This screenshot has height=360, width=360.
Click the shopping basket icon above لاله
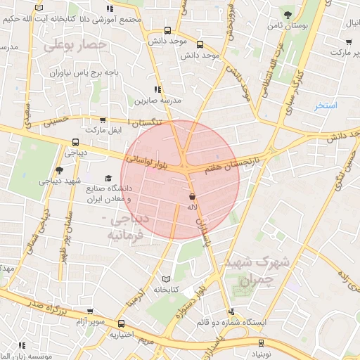pos(193,197)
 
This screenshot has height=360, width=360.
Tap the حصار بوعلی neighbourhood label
pos(75,46)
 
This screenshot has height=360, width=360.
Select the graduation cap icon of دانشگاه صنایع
pos(108,179)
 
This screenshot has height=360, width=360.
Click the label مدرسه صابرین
pos(158,101)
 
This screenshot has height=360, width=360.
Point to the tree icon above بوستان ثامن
pos(287,14)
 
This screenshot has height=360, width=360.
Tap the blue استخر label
pos(326,105)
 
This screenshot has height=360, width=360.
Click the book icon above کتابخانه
pos(167,278)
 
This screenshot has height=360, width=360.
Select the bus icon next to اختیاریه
pos(122,324)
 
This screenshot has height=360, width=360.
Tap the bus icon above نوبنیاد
pos(262,344)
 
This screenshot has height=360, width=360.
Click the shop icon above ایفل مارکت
pos(103,121)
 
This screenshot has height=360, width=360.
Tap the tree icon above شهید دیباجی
pos(59,170)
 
